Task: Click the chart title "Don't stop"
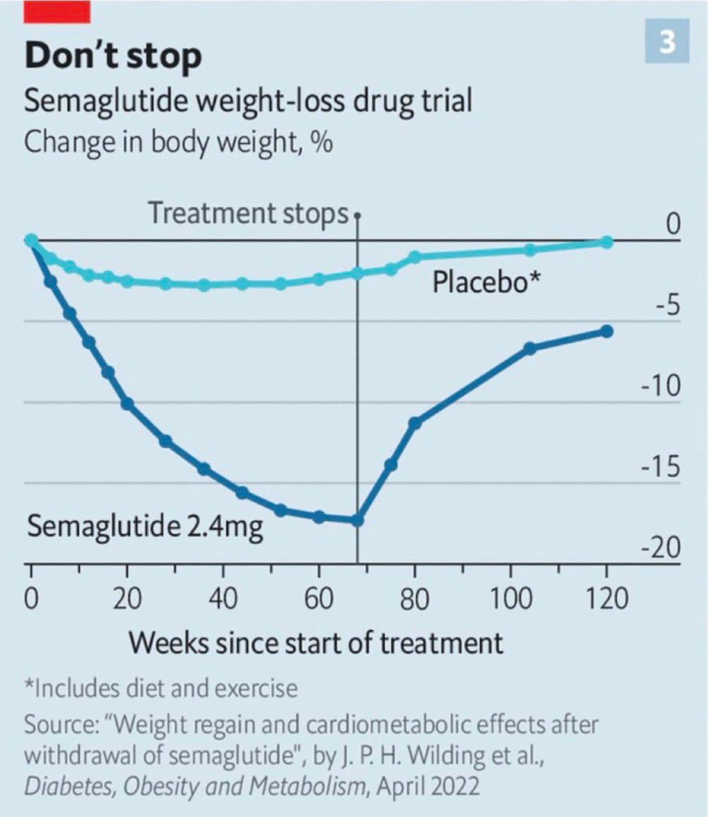click(113, 56)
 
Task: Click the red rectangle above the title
click(56, 11)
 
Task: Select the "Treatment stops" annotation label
click(249, 213)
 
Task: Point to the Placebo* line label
click(487, 282)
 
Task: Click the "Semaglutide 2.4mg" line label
click(145, 527)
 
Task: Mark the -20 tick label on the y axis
click(660, 549)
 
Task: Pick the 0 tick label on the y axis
click(673, 225)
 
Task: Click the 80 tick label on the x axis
click(415, 599)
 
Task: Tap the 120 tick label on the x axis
click(607, 599)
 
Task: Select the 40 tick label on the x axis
click(222, 599)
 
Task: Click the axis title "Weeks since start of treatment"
click(316, 643)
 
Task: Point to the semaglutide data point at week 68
click(357, 520)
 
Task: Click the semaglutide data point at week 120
click(607, 331)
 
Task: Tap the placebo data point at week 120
click(607, 242)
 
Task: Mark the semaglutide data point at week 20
click(127, 403)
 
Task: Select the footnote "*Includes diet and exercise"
click(161, 688)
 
